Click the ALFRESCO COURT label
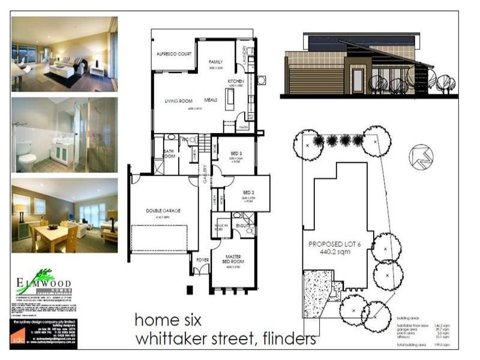click(x=173, y=54)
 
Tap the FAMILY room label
click(x=215, y=62)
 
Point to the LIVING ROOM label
click(x=178, y=103)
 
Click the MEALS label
click(x=211, y=100)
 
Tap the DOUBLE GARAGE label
click(x=163, y=211)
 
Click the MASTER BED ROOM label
click(x=233, y=259)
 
